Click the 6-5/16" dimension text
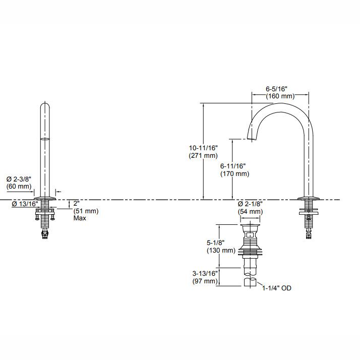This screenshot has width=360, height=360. coord(280,89)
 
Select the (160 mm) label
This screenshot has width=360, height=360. coord(280,96)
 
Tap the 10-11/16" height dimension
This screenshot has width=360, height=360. coord(203,148)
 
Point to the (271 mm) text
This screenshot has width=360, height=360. coord(203,155)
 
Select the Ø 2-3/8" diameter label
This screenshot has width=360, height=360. coord(19,179)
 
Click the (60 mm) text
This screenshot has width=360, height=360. coord(19,187)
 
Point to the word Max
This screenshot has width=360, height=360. coord(80,218)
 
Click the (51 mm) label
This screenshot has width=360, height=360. coord(86,211)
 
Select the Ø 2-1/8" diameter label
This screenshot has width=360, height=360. coord(251,204)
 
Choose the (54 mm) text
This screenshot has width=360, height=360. coord(251,212)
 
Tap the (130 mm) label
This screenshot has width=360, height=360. coord(220,250)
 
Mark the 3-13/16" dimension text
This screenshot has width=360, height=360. coord(206,273)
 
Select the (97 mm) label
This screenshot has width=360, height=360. coord(206,281)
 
